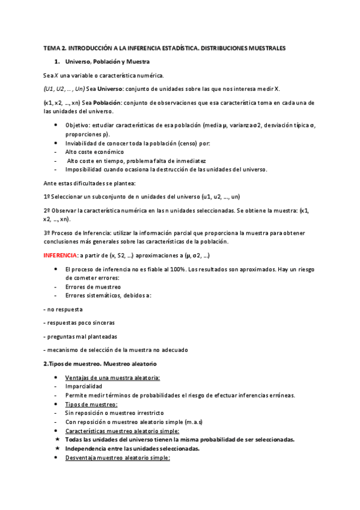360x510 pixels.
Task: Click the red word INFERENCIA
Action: (x=60, y=255)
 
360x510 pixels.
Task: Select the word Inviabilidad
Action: (x=82, y=144)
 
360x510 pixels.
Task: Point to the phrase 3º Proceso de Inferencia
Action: (x=76, y=233)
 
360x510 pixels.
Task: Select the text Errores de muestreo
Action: (x=93, y=286)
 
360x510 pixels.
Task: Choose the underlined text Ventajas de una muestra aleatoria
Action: (x=112, y=377)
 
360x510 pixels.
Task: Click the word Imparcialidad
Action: (x=84, y=386)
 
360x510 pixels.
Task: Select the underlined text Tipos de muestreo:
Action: (x=91, y=404)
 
